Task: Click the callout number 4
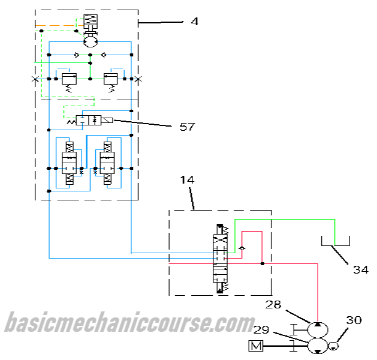[194, 22]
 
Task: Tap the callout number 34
[360, 269]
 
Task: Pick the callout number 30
[354, 320]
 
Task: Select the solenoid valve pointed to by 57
[95, 121]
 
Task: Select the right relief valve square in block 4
[111, 78]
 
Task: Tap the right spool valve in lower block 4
[108, 163]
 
